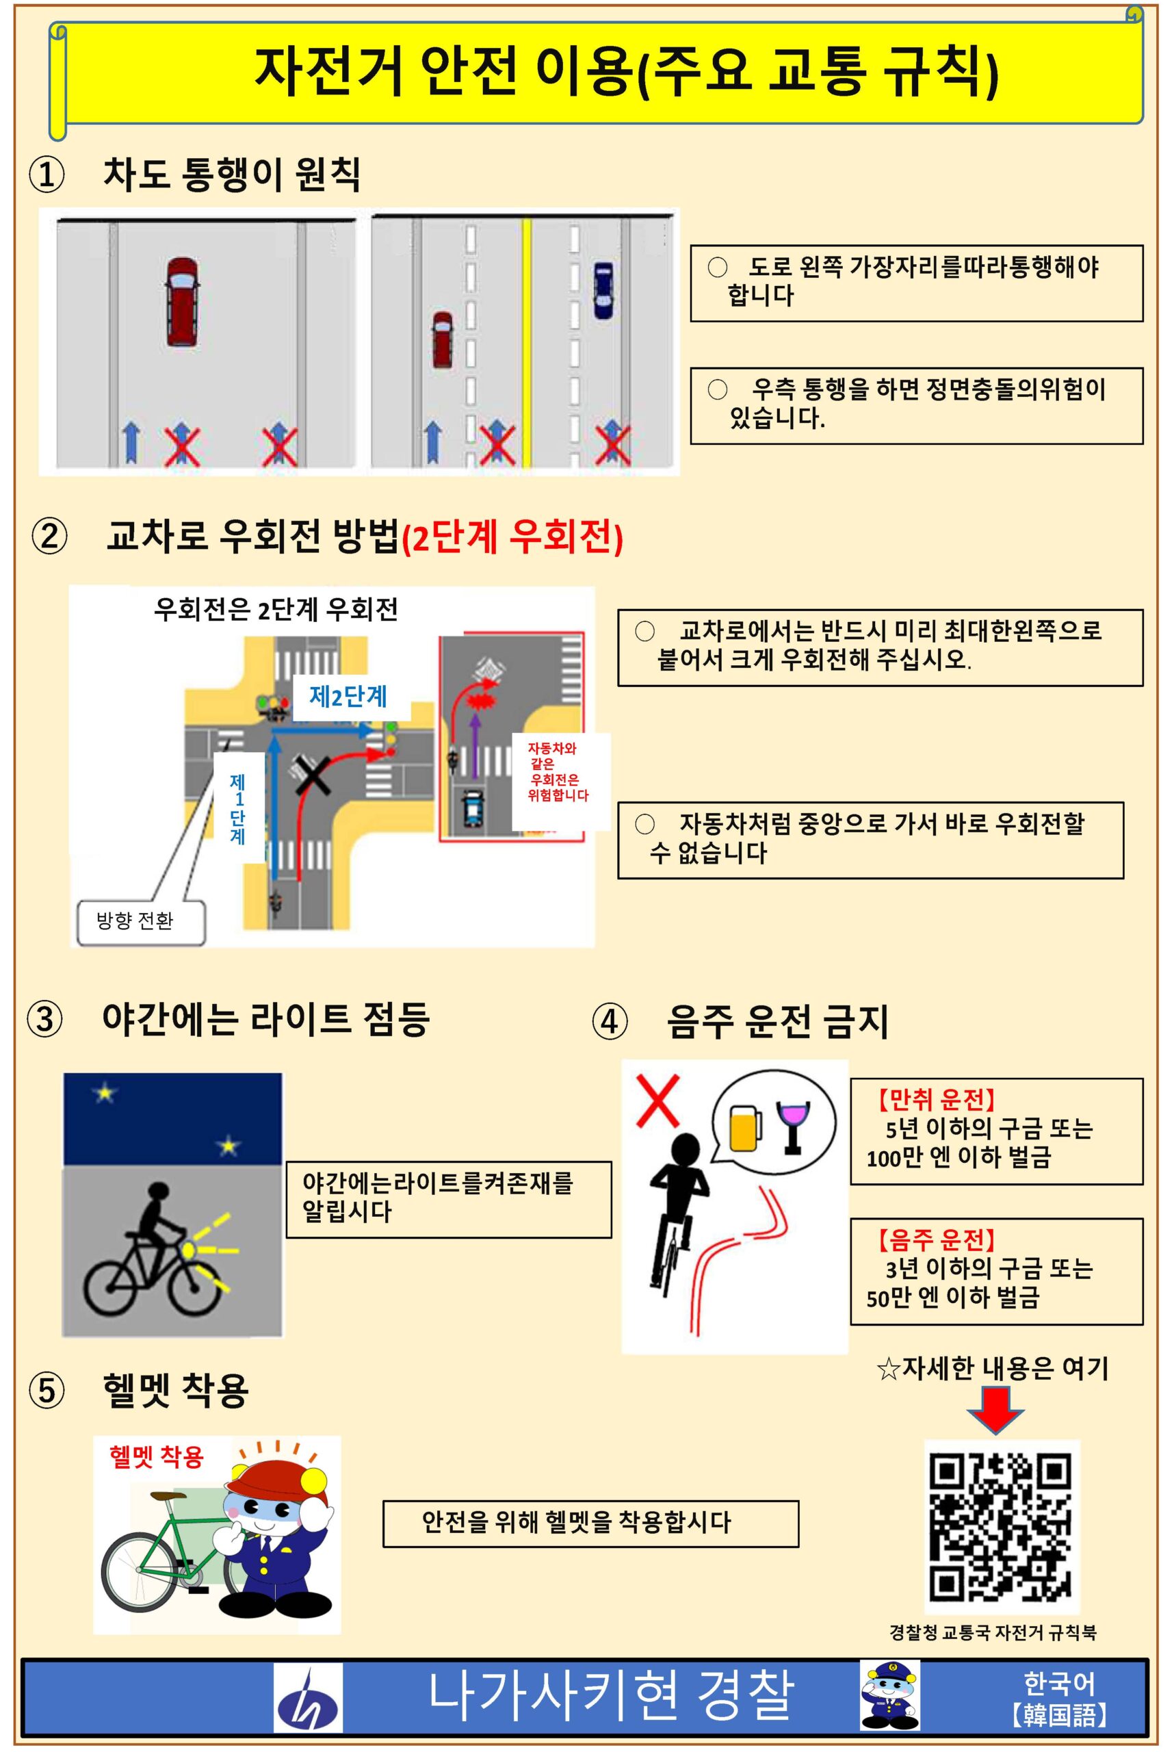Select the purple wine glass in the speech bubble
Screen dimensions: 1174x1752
click(793, 1126)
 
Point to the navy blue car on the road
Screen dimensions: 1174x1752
click(603, 291)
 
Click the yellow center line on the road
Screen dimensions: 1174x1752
click(526, 342)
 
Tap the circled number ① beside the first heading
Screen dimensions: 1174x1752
click(47, 175)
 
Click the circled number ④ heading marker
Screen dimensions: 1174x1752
click(610, 1021)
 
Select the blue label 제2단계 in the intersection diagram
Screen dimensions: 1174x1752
click(348, 697)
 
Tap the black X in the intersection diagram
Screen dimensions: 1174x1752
click(313, 775)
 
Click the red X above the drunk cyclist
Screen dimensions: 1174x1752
click(657, 1100)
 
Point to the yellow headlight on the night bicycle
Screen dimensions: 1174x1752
click(189, 1249)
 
